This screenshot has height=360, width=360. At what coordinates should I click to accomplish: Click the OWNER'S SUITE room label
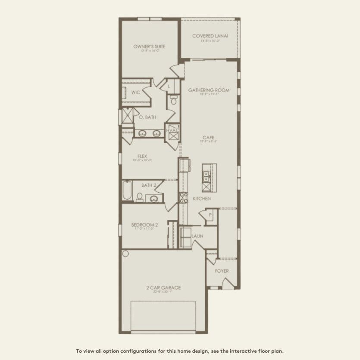149,47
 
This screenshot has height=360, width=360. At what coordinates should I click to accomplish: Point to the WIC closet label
136,92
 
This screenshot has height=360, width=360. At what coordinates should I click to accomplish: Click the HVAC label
172,130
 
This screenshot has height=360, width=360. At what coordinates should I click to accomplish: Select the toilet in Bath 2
140,197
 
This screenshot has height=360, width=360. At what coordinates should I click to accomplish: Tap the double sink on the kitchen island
207,176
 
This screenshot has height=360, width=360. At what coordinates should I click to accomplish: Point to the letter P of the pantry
210,215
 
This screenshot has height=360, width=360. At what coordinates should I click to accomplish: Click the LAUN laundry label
197,236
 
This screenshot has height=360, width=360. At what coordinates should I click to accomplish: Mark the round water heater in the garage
125,254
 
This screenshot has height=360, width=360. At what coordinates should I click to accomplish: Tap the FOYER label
222,271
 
